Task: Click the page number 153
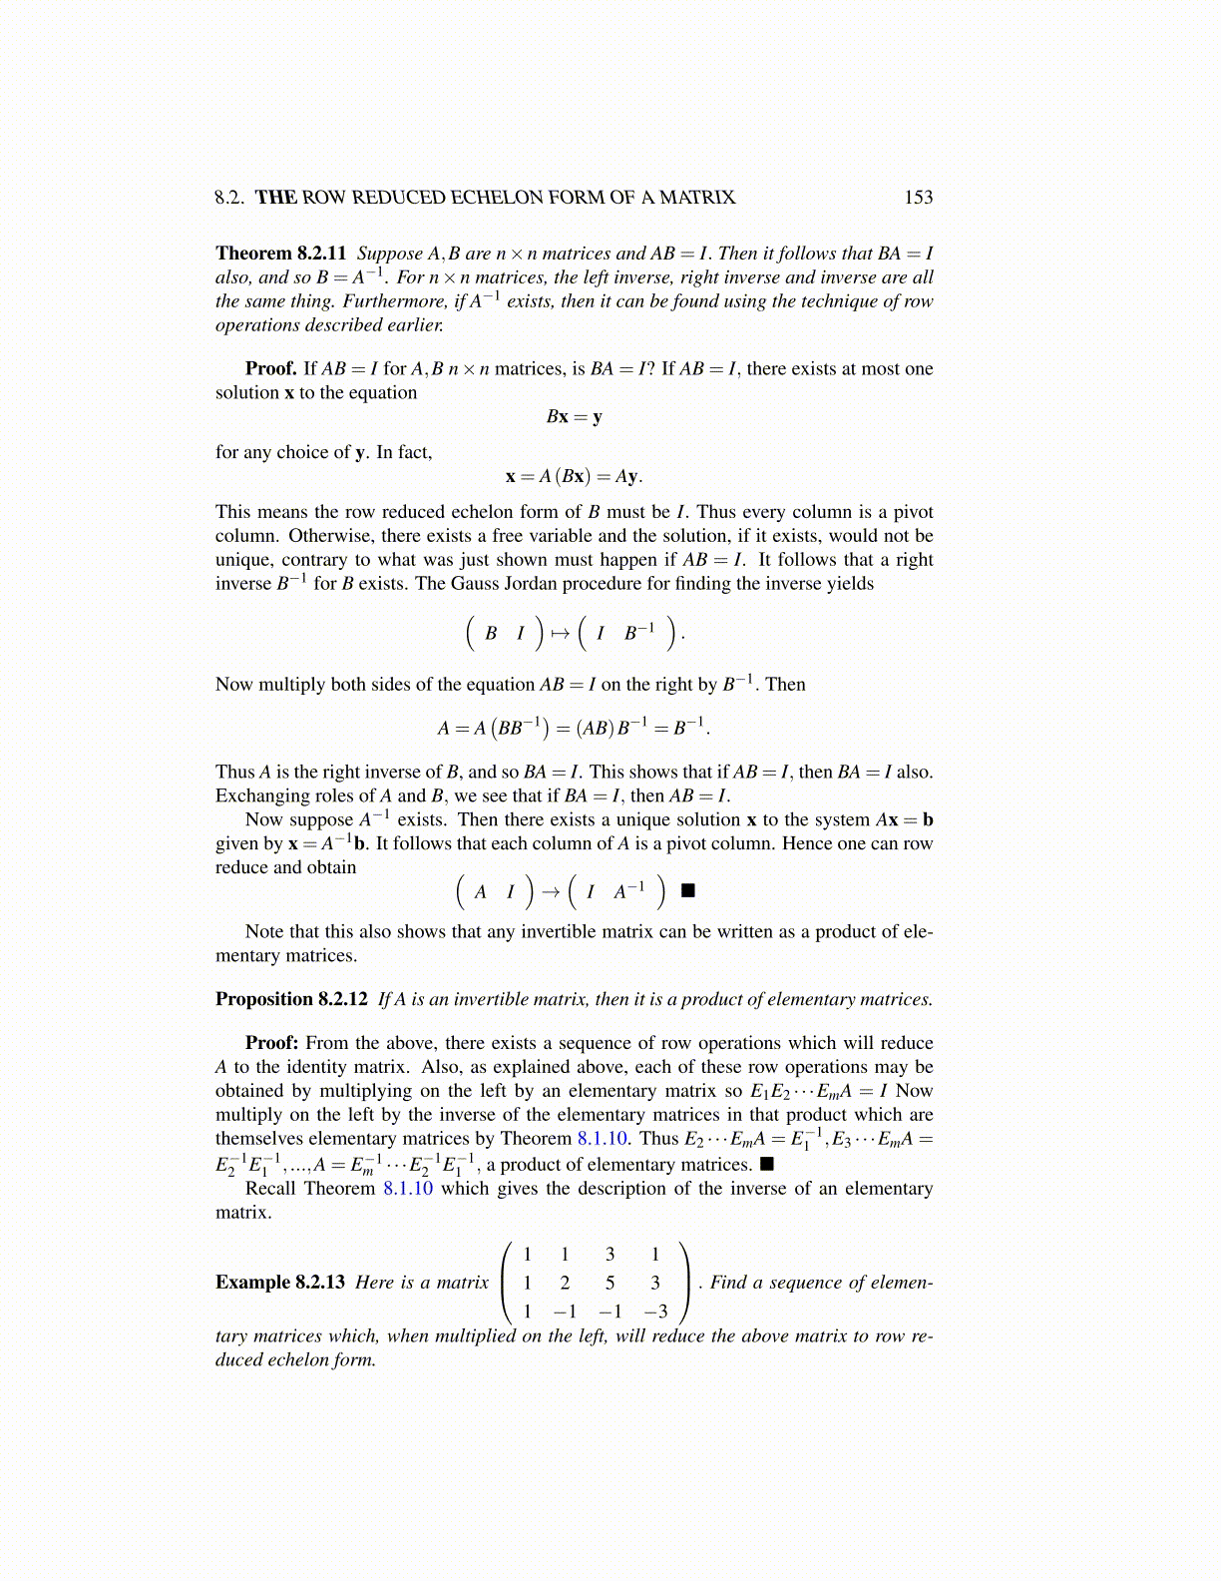918,198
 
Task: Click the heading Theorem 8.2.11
280,254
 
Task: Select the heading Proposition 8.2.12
291,999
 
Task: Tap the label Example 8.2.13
280,1283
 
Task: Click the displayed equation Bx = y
574,417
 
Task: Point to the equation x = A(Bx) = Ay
574,476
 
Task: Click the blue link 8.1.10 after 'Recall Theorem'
408,1189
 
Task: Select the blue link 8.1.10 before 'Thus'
604,1139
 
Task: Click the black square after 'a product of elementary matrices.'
766,1164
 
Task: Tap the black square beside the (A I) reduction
687,890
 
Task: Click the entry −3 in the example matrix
655,1312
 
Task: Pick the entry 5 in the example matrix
610,1283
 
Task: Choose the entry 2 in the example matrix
565,1283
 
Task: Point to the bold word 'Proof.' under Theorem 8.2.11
271,369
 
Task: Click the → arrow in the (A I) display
551,891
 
